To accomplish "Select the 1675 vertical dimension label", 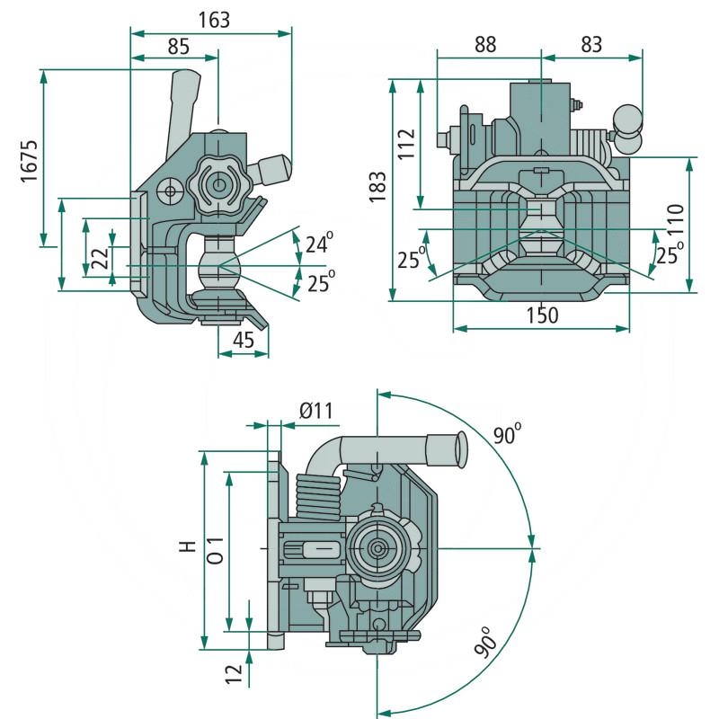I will pyautogui.click(x=29, y=161).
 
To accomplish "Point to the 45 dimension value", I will pyautogui.click(x=243, y=340).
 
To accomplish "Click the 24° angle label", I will pyautogui.click(x=318, y=243).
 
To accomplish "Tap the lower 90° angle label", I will pyautogui.click(x=486, y=644).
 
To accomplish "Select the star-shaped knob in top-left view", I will pyautogui.click(x=217, y=185).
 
